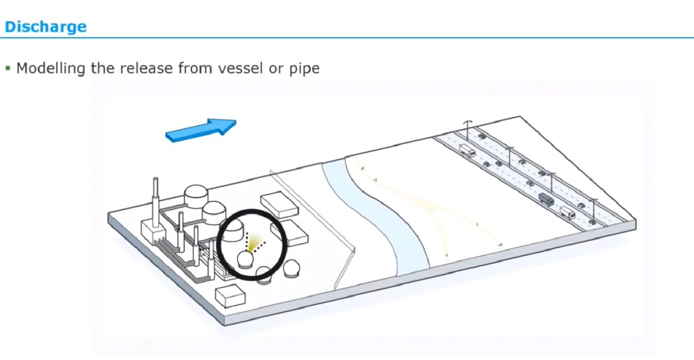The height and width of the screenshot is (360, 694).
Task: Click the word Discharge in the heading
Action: pyautogui.click(x=45, y=27)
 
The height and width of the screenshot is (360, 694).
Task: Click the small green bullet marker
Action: pyautogui.click(x=8, y=68)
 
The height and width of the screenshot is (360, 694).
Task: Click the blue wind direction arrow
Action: pyautogui.click(x=201, y=130)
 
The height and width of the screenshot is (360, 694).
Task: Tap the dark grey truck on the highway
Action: pyautogui.click(x=546, y=199)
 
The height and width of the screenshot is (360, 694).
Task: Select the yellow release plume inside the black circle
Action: pyautogui.click(x=255, y=242)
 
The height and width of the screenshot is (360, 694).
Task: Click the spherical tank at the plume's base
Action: pyautogui.click(x=245, y=259)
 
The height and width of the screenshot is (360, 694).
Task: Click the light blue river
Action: pyautogui.click(x=386, y=219)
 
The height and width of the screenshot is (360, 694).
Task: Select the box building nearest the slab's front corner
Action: pyautogui.click(x=230, y=297)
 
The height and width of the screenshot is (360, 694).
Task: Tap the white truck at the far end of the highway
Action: pyautogui.click(x=467, y=152)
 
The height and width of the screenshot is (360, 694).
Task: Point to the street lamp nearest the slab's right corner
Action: pyautogui.click(x=593, y=209)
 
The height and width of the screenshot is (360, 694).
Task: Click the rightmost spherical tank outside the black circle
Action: pyautogui.click(x=291, y=269)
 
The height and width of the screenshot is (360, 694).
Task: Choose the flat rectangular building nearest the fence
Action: pyautogui.click(x=279, y=206)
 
